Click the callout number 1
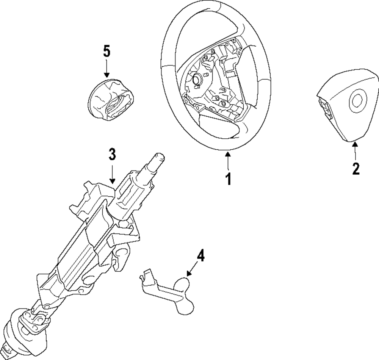point(228,179)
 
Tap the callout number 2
point(356,168)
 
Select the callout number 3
point(112,154)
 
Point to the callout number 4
point(200,257)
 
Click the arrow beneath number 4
point(192,271)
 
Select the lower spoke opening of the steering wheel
point(220,125)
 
